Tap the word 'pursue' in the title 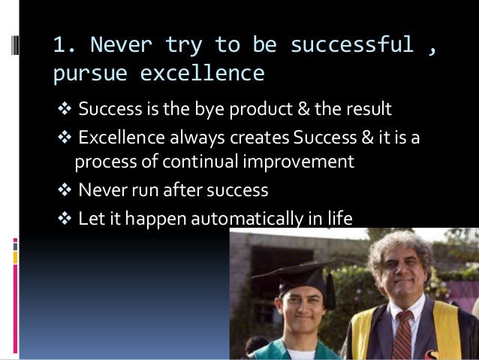90,74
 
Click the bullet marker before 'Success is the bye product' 63,110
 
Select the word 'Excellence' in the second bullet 119,139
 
